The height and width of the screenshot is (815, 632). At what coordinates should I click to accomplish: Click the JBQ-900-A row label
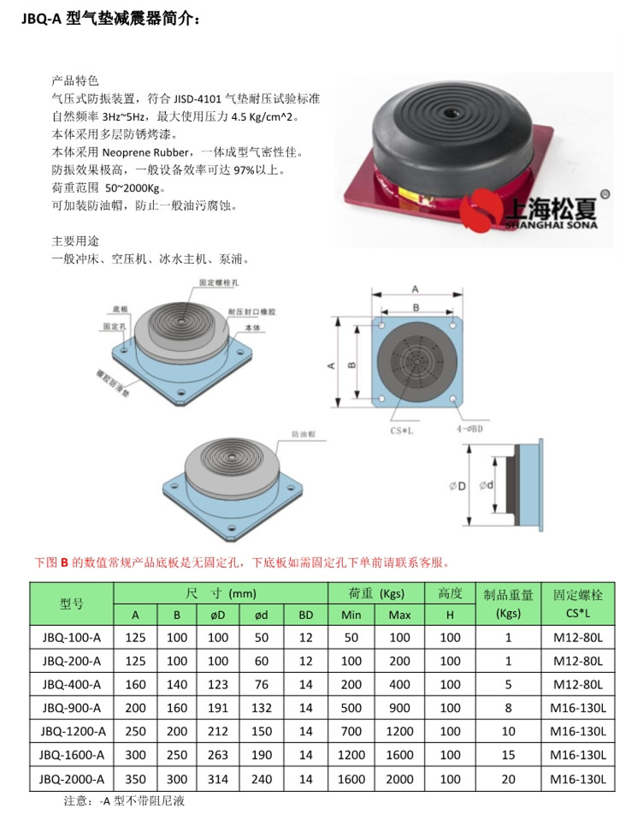pyautogui.click(x=72, y=707)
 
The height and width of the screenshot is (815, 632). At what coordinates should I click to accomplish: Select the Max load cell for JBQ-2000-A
pyautogui.click(x=399, y=778)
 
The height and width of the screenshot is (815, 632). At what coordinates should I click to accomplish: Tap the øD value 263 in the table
pyautogui.click(x=218, y=754)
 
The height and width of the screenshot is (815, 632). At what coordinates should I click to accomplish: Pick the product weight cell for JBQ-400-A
pyautogui.click(x=508, y=684)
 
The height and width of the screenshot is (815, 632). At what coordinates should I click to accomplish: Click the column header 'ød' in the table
pyautogui.click(x=263, y=615)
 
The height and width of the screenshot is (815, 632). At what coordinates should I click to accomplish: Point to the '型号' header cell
pyautogui.click(x=72, y=604)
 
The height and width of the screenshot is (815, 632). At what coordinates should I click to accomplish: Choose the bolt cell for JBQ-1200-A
pyautogui.click(x=578, y=731)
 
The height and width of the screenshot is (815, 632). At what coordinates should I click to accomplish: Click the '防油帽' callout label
pyautogui.click(x=304, y=434)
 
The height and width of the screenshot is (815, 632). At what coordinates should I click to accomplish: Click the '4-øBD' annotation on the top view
pyautogui.click(x=470, y=424)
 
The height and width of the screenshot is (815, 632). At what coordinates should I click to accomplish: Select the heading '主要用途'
pyautogui.click(x=76, y=241)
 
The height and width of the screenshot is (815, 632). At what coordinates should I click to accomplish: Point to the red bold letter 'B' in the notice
pyautogui.click(x=63, y=562)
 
